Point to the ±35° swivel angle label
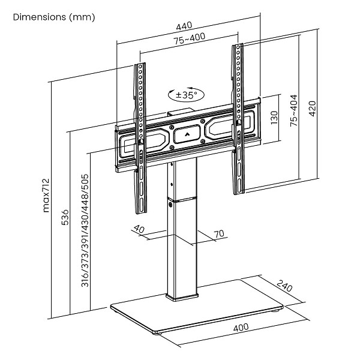point(187,95)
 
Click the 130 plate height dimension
point(274,118)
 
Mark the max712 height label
point(46,196)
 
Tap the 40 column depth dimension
point(139,229)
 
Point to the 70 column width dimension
point(218,234)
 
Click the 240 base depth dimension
point(286,287)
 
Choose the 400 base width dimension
point(241,328)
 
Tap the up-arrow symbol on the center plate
point(188,133)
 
